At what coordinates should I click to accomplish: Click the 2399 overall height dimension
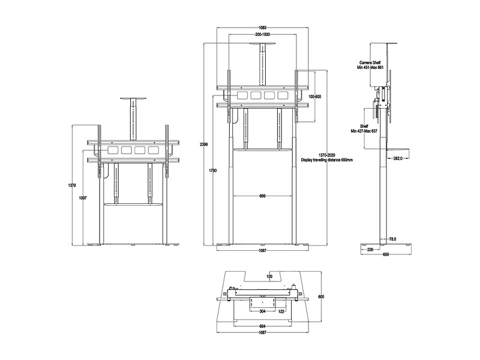pyautogui.click(x=203, y=145)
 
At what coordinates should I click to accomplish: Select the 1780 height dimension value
pyautogui.click(x=213, y=170)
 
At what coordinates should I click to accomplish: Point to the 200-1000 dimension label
pyautogui.click(x=262, y=35)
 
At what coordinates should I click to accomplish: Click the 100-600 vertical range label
pyautogui.click(x=314, y=97)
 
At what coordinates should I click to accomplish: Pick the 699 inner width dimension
pyautogui.click(x=262, y=196)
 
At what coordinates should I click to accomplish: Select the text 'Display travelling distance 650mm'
pyautogui.click(x=326, y=160)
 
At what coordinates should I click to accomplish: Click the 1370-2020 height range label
pyautogui.click(x=326, y=155)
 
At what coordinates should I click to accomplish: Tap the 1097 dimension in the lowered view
pyautogui.click(x=83, y=198)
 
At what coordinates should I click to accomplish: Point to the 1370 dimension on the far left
pyautogui.click(x=71, y=185)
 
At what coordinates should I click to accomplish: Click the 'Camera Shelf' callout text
pyautogui.click(x=370, y=63)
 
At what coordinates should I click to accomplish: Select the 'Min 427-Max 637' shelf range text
pyautogui.click(x=364, y=131)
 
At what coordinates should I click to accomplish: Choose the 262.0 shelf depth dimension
pyautogui.click(x=397, y=158)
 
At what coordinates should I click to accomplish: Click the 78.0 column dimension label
pyautogui.click(x=393, y=239)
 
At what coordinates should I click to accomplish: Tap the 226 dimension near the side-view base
pyautogui.click(x=370, y=250)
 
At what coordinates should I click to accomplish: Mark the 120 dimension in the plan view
pyautogui.click(x=269, y=277)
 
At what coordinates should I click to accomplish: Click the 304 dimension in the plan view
pyautogui.click(x=262, y=311)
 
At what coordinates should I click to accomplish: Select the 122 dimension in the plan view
pyautogui.click(x=281, y=311)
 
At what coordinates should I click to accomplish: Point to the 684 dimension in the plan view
pyautogui.click(x=262, y=326)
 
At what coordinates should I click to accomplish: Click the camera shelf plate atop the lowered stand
pyautogui.click(x=133, y=98)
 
